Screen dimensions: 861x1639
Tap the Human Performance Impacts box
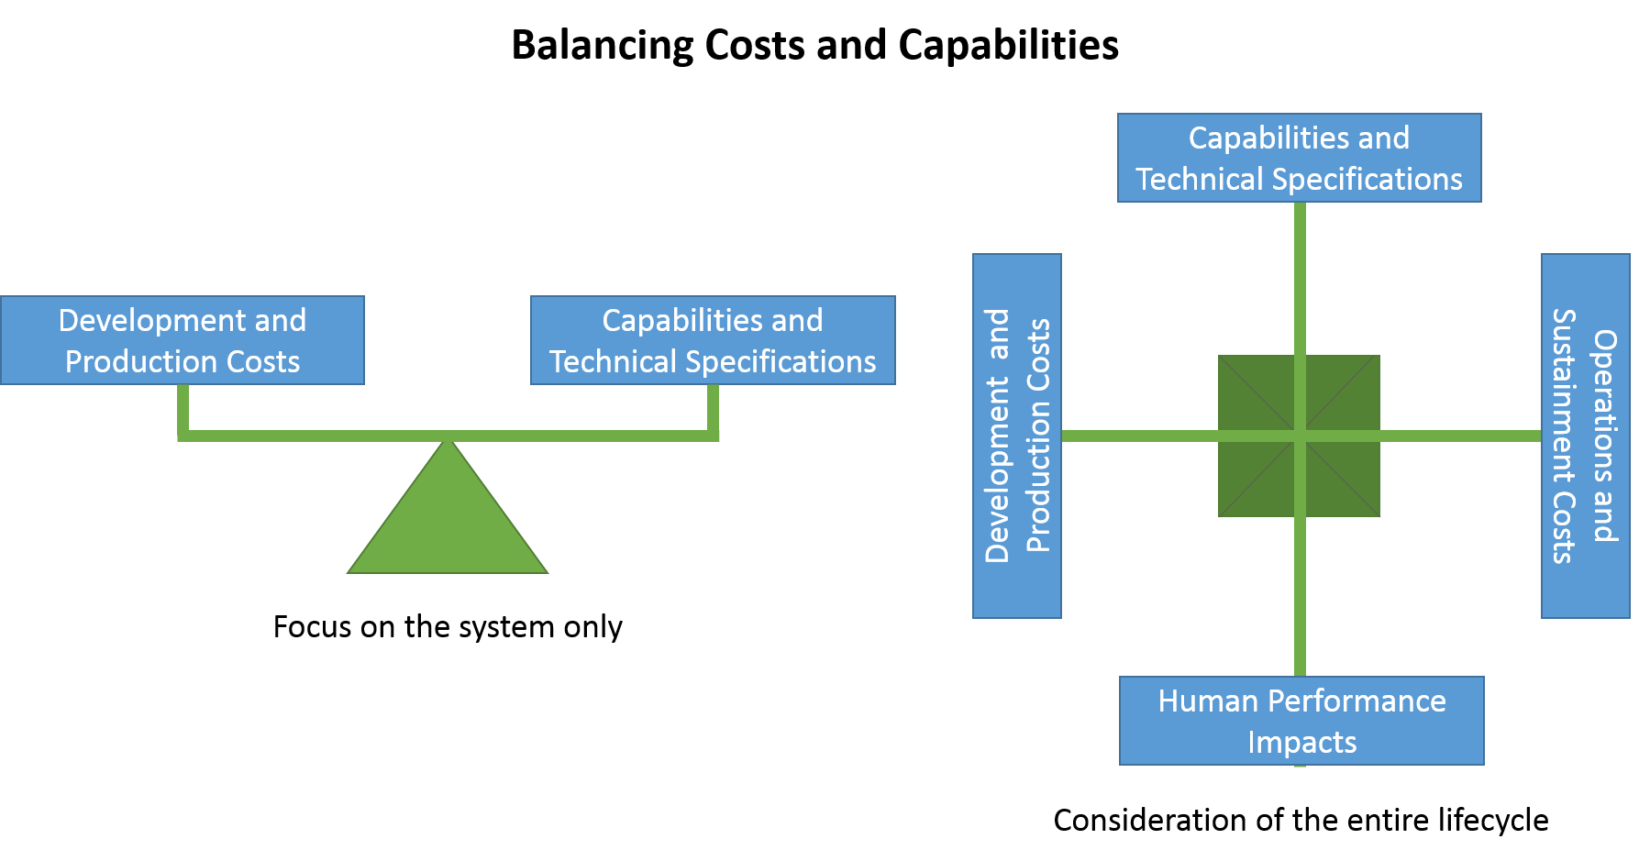1301,721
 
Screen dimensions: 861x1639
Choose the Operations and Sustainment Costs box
1585,436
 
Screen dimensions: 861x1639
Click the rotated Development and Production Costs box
1017,436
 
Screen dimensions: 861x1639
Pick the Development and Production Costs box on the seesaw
183,340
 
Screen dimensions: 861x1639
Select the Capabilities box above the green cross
1299,158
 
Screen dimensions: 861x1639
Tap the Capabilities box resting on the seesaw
713,340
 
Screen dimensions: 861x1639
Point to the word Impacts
1301,742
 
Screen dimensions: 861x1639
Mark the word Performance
1357,701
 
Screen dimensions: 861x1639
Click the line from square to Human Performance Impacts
1300,596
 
